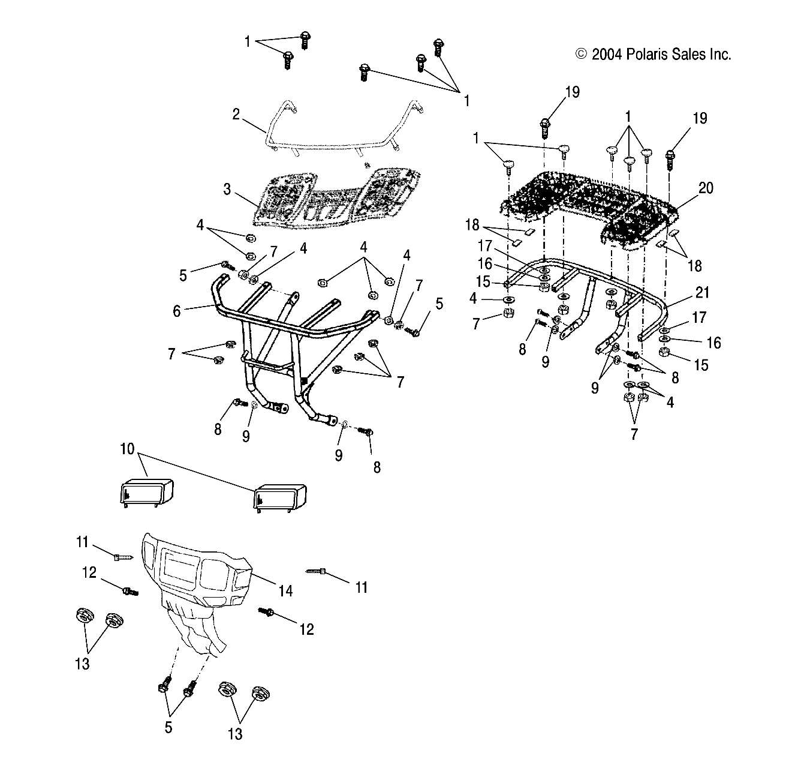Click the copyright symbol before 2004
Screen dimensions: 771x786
580,55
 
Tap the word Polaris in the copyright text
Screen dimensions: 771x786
646,55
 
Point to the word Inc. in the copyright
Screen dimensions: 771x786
719,55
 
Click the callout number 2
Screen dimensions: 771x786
236,113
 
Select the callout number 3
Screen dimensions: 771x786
227,190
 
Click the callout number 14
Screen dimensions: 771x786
285,590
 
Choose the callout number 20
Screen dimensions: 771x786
706,188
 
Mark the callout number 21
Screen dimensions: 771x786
702,292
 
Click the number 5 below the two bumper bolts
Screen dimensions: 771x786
168,727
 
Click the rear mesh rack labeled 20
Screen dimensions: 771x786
588,204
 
